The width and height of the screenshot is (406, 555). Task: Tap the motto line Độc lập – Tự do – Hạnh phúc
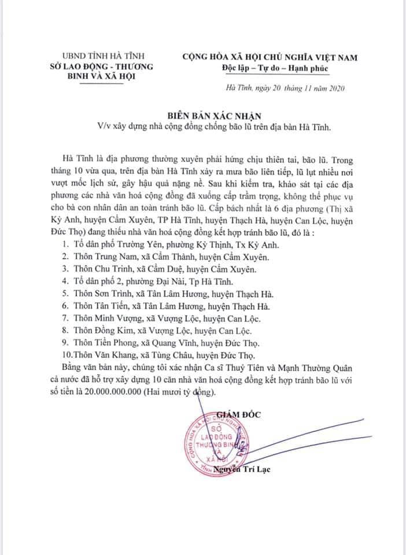tap(275, 68)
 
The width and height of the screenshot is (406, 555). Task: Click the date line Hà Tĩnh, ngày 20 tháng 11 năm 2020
tap(286, 87)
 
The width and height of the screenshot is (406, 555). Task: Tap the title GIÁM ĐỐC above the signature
tap(241, 413)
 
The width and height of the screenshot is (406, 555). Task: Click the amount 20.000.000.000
tap(141, 393)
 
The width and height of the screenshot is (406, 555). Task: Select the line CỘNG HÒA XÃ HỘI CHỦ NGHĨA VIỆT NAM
tap(270, 57)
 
